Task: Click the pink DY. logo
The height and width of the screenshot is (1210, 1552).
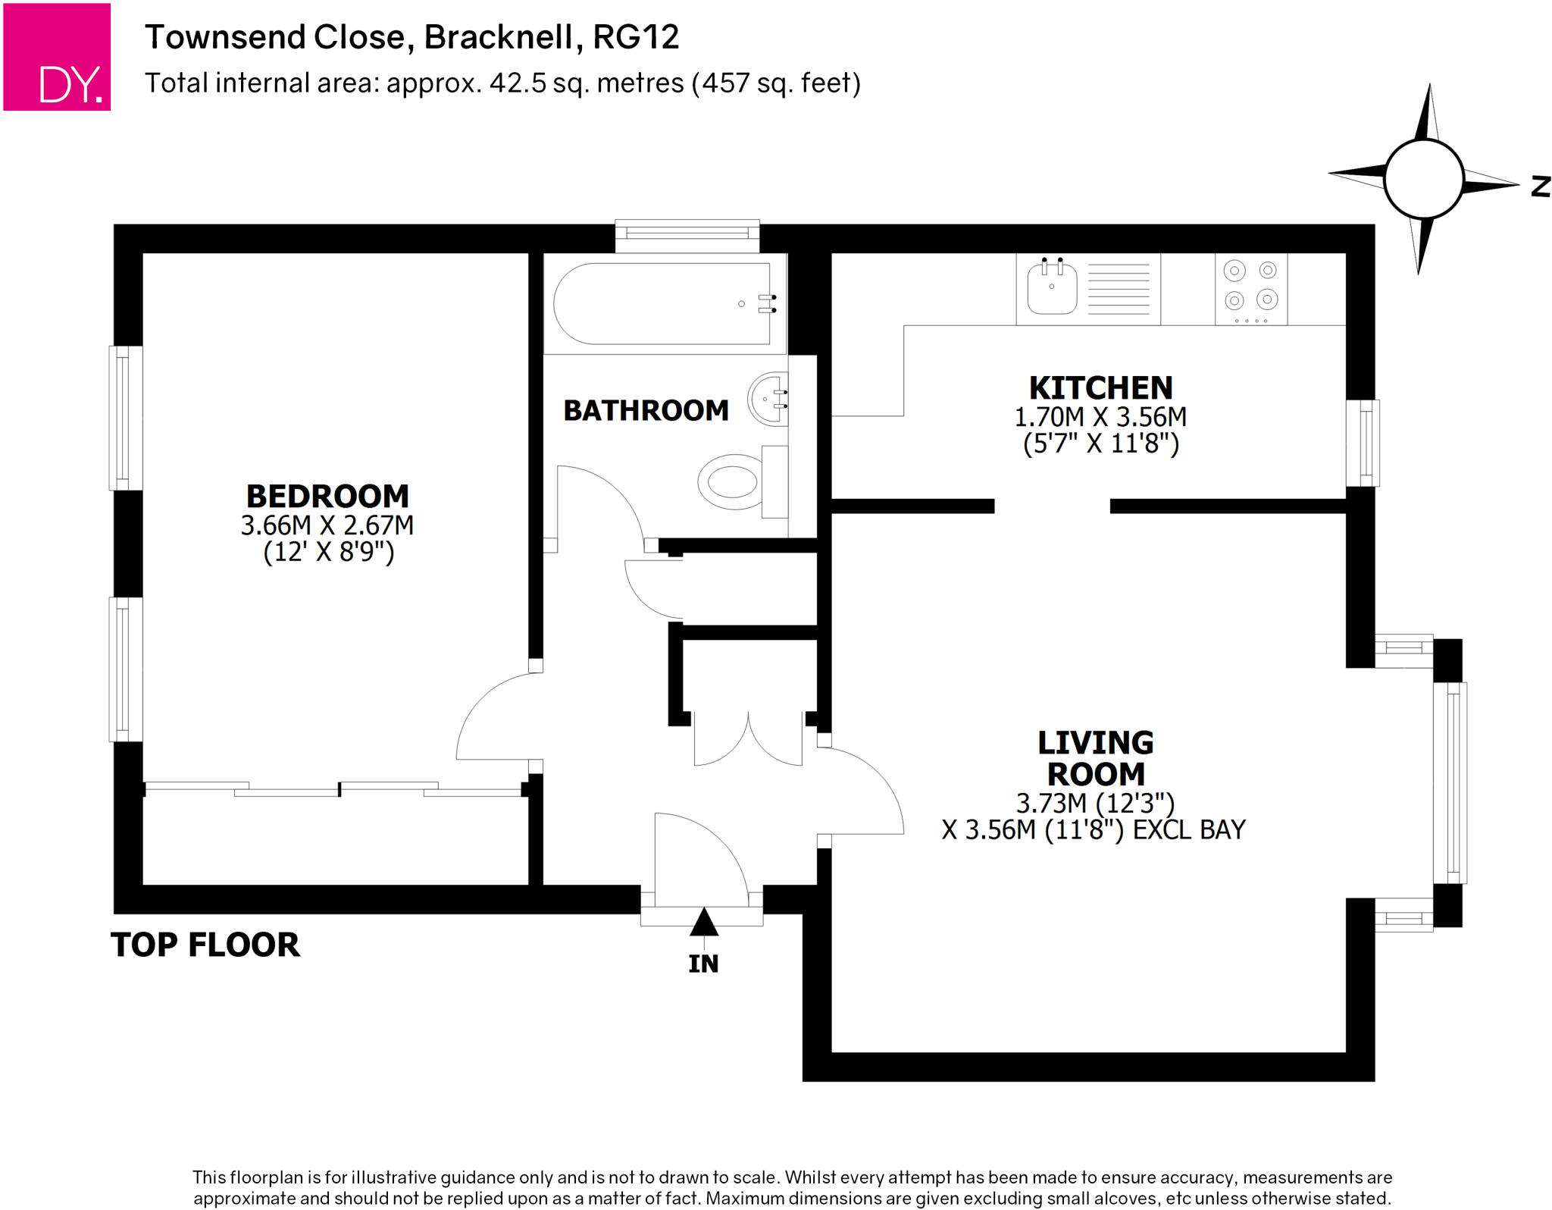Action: click(x=57, y=57)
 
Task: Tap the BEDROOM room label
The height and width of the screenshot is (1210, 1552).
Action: click(x=327, y=497)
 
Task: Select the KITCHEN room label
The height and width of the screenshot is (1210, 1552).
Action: click(x=1100, y=388)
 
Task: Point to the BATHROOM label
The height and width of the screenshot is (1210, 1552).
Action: click(x=646, y=411)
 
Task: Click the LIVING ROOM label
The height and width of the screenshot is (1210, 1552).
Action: click(x=1096, y=758)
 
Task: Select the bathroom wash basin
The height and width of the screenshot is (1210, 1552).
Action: click(x=767, y=399)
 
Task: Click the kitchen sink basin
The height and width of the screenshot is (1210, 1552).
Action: click(x=1052, y=290)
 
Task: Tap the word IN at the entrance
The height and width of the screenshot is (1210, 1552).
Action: click(x=703, y=964)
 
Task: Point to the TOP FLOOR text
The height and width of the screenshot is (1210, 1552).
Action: click(x=205, y=945)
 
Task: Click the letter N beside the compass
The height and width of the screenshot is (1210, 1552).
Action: click(x=1541, y=187)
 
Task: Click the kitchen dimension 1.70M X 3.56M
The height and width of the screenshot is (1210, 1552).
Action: click(x=1100, y=417)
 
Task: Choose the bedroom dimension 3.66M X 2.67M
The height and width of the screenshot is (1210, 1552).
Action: click(x=327, y=525)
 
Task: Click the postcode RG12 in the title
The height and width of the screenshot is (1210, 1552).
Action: click(x=636, y=37)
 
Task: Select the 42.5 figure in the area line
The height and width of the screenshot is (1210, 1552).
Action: click(x=518, y=83)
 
